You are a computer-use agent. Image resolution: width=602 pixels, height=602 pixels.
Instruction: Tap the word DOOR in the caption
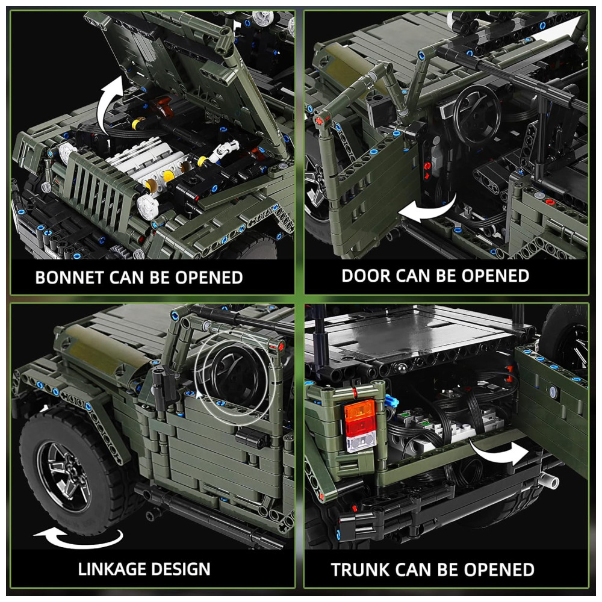coord(365,276)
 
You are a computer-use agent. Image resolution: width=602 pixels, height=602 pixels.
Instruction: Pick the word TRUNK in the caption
coord(360,569)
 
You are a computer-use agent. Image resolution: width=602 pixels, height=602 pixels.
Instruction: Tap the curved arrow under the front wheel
coord(79,538)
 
